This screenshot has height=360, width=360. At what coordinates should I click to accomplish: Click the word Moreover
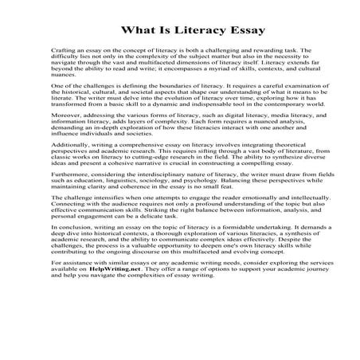[65, 120]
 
